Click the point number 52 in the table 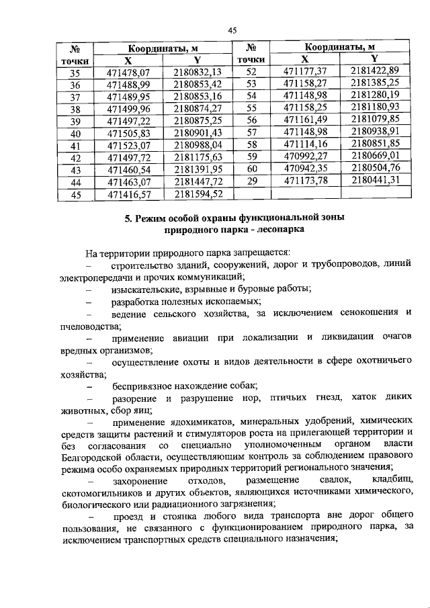[x=252, y=71]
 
